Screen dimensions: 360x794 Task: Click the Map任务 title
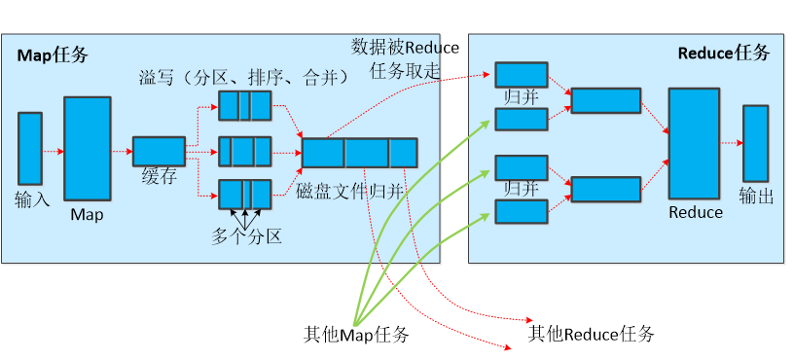pos(53,55)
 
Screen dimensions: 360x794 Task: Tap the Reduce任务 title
pos(723,53)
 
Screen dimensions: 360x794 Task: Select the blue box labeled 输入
pos(30,148)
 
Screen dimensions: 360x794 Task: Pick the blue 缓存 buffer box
pos(159,151)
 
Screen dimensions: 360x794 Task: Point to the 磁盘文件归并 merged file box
pos(359,153)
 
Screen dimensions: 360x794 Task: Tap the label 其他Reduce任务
pos(591,335)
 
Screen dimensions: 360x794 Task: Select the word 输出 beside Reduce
pos(757,196)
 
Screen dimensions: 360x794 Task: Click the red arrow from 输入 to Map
pos(54,151)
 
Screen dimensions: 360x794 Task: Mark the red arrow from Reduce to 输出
pos(732,143)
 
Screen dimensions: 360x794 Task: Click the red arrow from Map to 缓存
pos(122,152)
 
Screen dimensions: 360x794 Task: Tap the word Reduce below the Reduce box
pos(696,212)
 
